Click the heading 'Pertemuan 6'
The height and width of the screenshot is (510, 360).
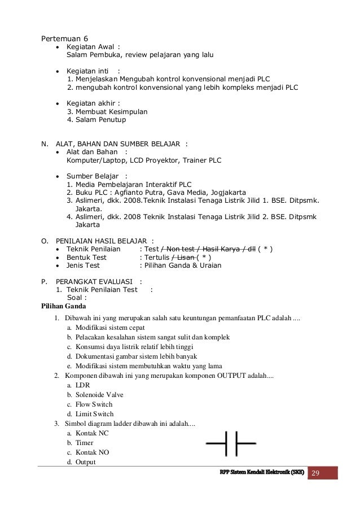(x=61, y=38)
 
